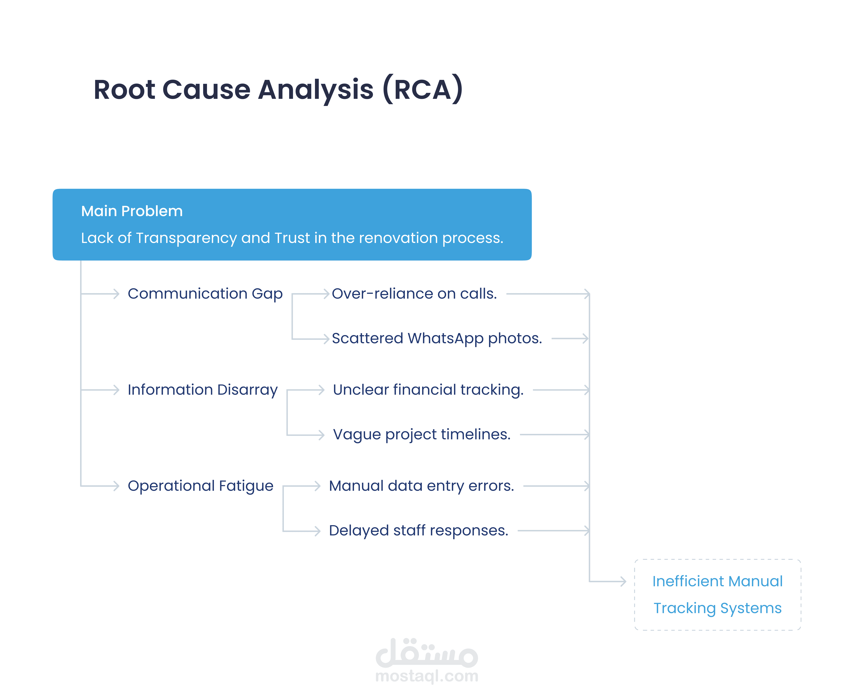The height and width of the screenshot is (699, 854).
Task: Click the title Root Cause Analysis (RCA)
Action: coord(278,89)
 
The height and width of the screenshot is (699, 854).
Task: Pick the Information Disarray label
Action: coord(203,390)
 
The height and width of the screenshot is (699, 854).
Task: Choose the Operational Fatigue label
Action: coord(200,486)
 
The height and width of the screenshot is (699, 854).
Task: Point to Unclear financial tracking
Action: coord(428,390)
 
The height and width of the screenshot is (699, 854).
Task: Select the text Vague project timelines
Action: coord(422,434)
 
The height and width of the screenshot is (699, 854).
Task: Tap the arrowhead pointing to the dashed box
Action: coord(623,581)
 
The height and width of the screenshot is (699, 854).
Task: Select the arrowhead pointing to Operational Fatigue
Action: coord(116,486)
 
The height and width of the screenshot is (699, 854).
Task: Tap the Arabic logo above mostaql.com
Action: coord(427,652)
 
